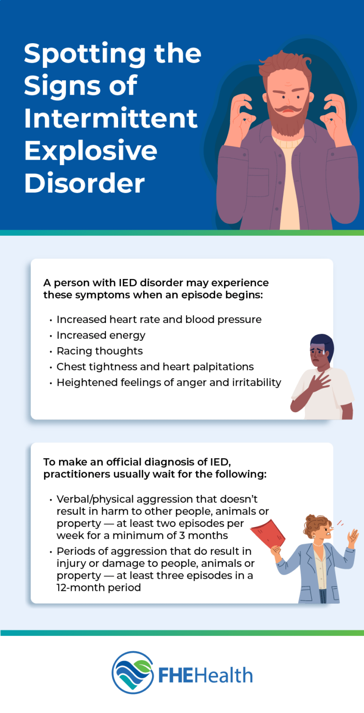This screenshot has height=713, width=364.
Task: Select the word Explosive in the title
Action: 91,151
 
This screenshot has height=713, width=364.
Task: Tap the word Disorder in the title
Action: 84,183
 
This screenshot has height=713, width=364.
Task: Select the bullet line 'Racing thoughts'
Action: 99,351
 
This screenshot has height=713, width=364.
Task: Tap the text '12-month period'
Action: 99,588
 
